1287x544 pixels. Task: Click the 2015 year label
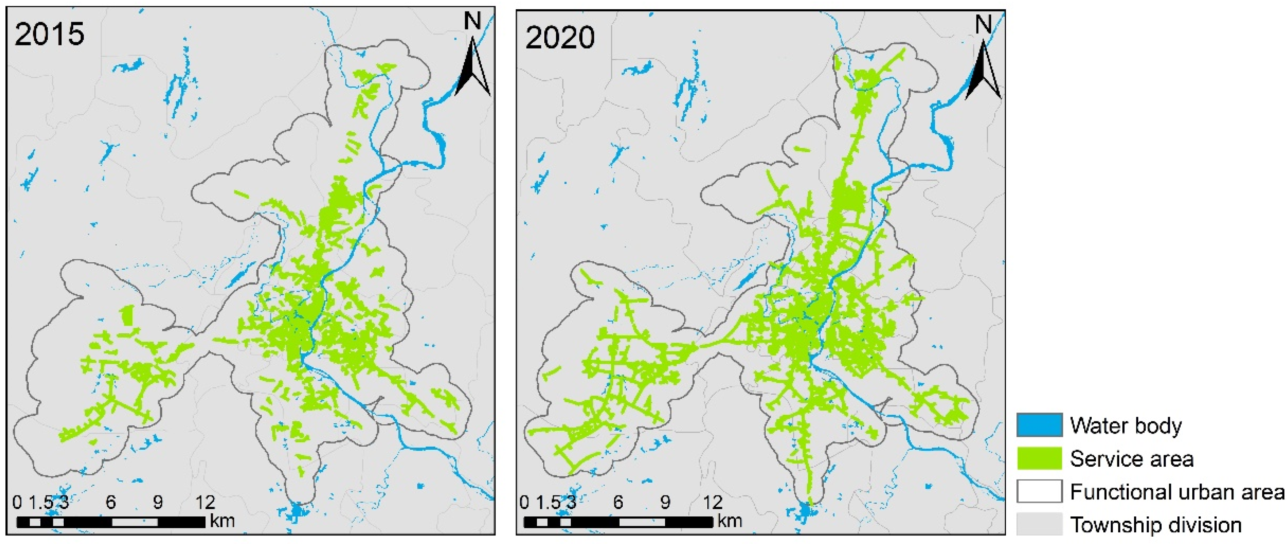[x=49, y=35]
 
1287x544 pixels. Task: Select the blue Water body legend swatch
[x=1039, y=425]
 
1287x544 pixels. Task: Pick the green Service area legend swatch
[x=1039, y=459]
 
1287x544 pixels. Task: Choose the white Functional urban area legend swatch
[x=1039, y=492]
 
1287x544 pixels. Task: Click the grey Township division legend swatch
[x=1039, y=525]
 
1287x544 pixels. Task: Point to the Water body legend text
[x=1125, y=426]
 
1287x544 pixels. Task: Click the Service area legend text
[x=1132, y=459]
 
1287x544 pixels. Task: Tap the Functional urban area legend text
[x=1177, y=492]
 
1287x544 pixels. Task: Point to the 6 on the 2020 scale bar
[x=618, y=502]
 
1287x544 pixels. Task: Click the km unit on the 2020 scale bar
[x=729, y=521]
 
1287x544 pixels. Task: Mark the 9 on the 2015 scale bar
[x=158, y=502]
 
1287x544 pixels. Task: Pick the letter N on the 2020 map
[x=983, y=24]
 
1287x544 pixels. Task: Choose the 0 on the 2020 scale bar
[x=524, y=502]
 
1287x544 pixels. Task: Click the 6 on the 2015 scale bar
[x=111, y=502]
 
